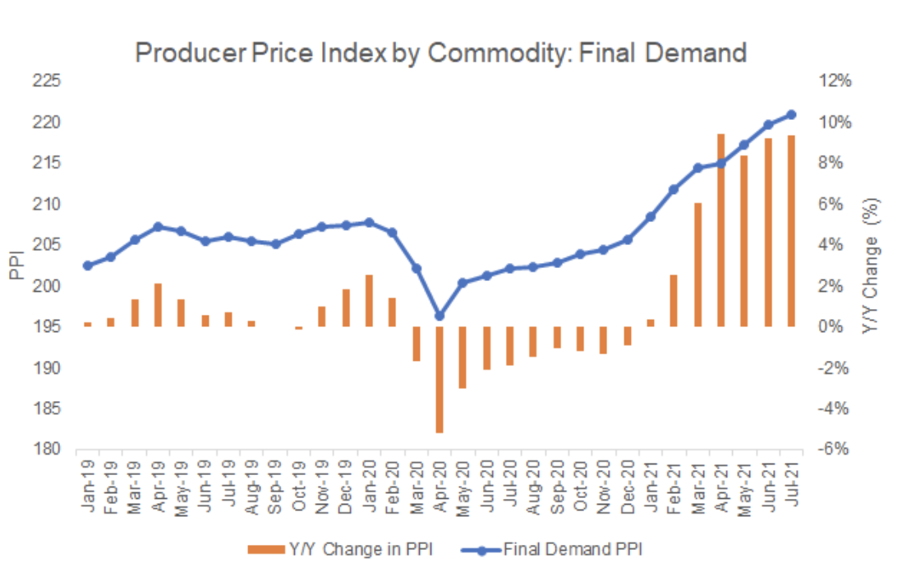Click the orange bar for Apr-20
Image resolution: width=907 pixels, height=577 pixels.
tap(440, 379)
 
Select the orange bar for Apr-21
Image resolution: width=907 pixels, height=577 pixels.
tap(721, 230)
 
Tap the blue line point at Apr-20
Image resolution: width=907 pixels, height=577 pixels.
tap(440, 316)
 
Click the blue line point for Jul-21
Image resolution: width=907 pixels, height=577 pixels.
tap(791, 114)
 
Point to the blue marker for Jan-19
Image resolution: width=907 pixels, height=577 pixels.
tap(88, 265)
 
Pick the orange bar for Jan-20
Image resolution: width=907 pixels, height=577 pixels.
tap(369, 300)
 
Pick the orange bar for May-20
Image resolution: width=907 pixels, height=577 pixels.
tap(463, 357)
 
